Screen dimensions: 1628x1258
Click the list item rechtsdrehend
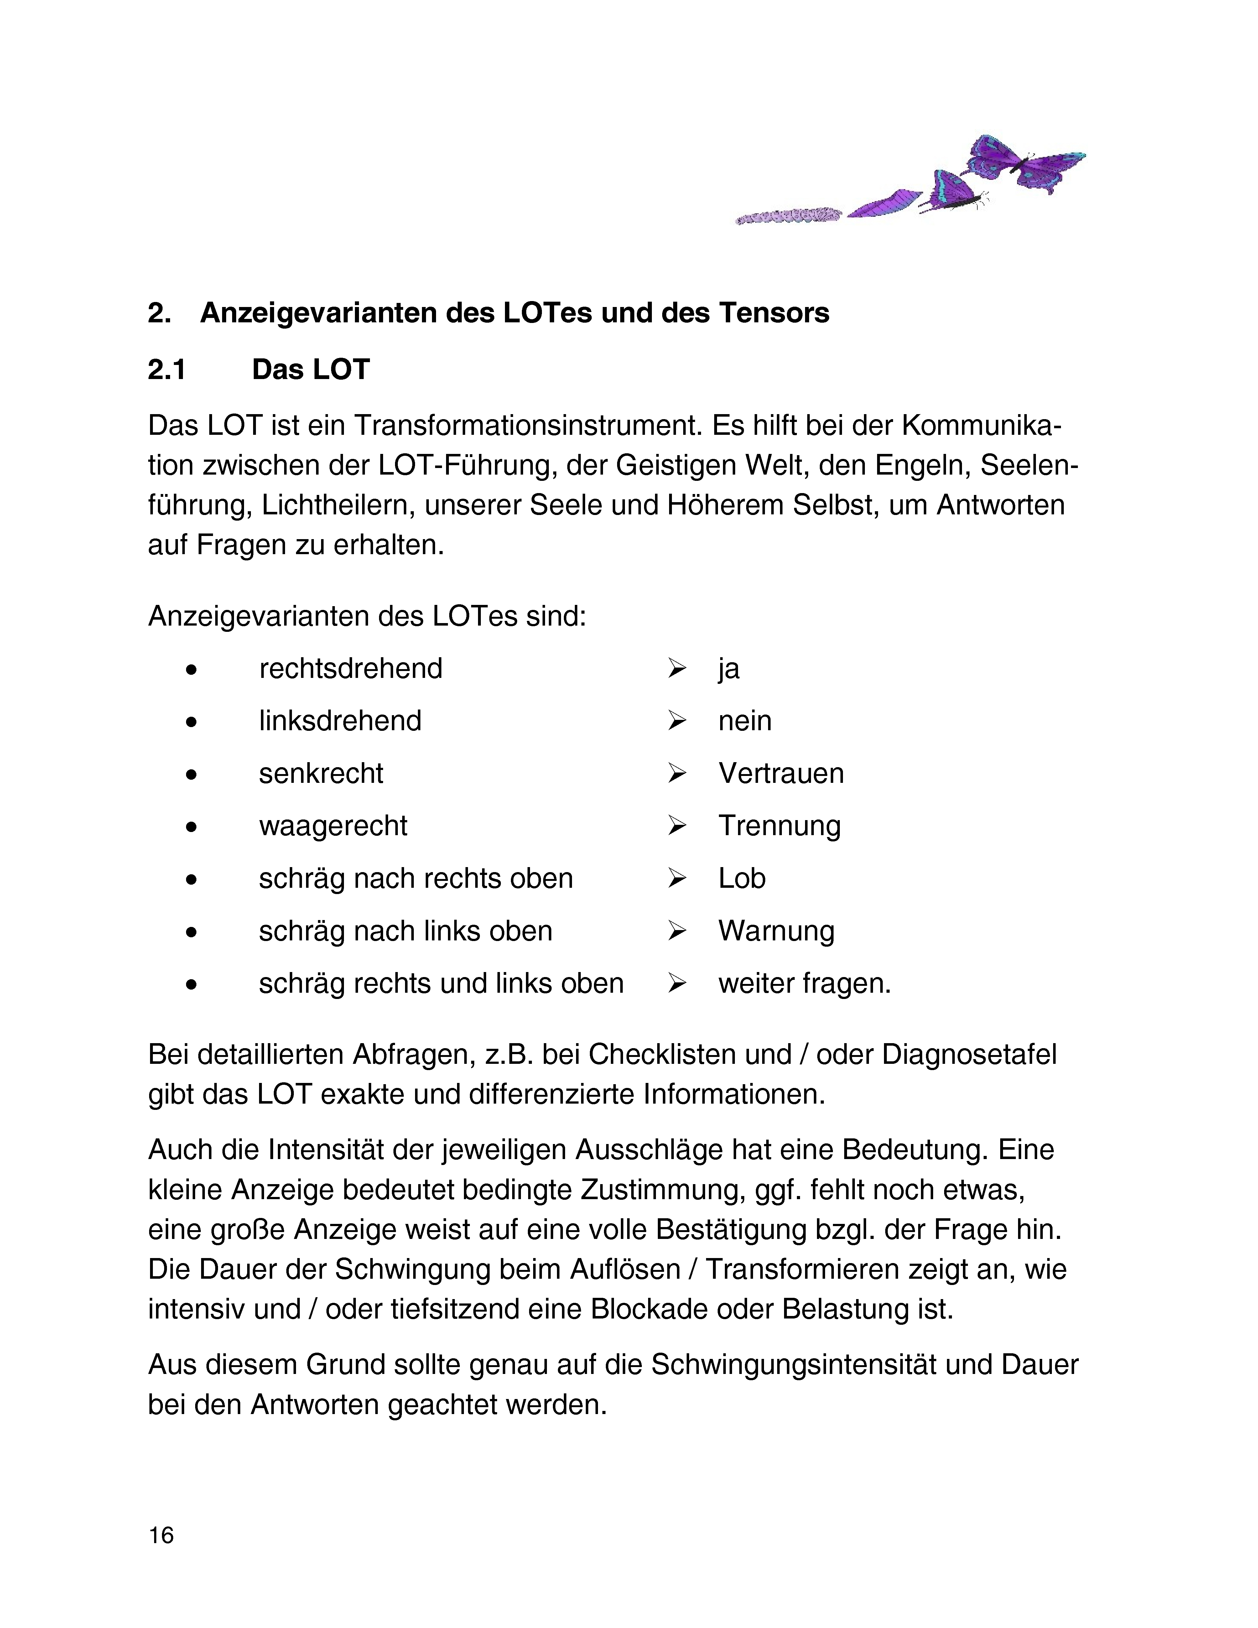[x=350, y=668]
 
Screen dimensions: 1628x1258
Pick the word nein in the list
[x=745, y=721]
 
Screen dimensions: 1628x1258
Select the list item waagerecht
[x=333, y=826]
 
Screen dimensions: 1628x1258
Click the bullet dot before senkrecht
[x=192, y=774]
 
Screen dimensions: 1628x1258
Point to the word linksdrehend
[x=340, y=721]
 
